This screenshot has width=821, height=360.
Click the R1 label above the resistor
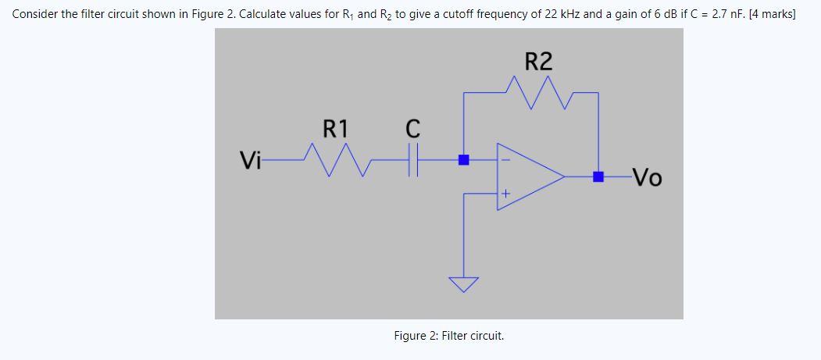(337, 127)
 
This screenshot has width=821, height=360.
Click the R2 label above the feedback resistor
(539, 62)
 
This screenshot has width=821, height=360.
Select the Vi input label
(251, 162)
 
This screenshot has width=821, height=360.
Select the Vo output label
(647, 179)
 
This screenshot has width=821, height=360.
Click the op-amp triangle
(528, 176)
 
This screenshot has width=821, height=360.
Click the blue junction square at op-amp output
(598, 177)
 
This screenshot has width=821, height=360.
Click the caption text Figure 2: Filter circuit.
(449, 336)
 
